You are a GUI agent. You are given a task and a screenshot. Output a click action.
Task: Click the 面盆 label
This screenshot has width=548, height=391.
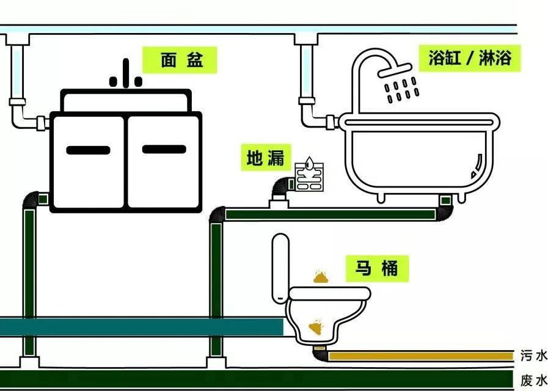180,60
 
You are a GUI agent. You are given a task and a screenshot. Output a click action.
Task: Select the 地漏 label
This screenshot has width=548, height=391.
266,158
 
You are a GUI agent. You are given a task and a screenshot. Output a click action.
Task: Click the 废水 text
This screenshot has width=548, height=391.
533,381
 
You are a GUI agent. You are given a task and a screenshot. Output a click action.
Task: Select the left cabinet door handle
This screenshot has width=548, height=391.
88,150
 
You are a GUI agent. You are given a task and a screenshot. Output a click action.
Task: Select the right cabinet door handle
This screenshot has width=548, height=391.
164,148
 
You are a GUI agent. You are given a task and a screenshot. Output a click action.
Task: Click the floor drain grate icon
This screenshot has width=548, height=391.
309,177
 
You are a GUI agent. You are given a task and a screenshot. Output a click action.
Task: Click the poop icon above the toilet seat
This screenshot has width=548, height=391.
321,277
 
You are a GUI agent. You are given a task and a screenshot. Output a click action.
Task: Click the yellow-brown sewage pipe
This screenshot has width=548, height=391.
422,356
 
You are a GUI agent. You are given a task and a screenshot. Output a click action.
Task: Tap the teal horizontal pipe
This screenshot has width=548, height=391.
141,326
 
